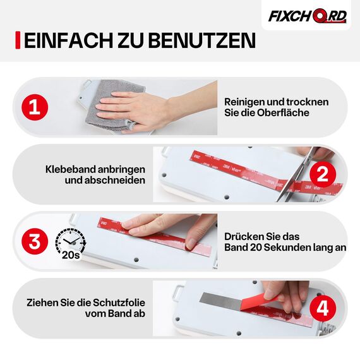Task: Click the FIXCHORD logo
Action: click(307, 16)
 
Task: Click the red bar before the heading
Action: click(18, 40)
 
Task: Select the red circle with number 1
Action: click(35, 107)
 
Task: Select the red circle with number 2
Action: click(321, 174)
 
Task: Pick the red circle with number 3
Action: click(35, 241)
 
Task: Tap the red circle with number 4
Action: click(321, 309)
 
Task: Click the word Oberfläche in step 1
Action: click(284, 113)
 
